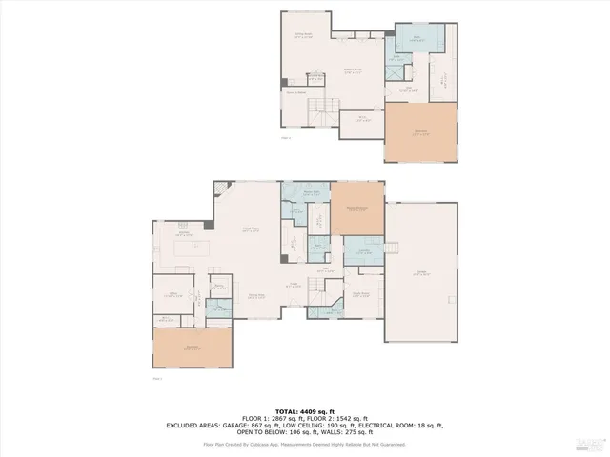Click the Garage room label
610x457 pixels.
pyautogui.click(x=420, y=273)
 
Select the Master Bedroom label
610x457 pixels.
pyautogui.click(x=356, y=210)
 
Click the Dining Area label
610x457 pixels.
pyautogui.click(x=256, y=295)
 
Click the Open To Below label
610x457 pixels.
pyautogui.click(x=295, y=92)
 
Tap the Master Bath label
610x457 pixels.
pyautogui.click(x=310, y=192)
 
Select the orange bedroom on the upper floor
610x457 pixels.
pyautogui.click(x=420, y=132)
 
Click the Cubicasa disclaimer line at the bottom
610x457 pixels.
pyautogui.click(x=305, y=444)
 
